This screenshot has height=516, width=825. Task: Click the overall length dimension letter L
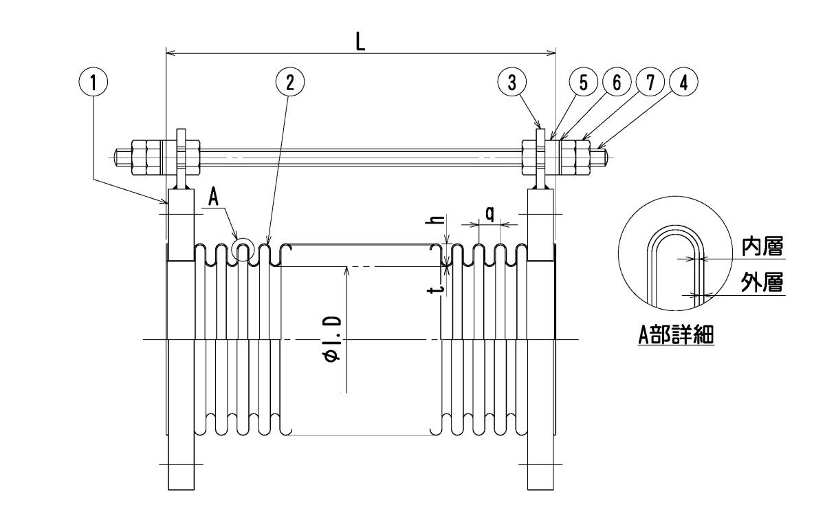pos(360,42)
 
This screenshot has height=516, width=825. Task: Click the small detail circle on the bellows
pos(243,249)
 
